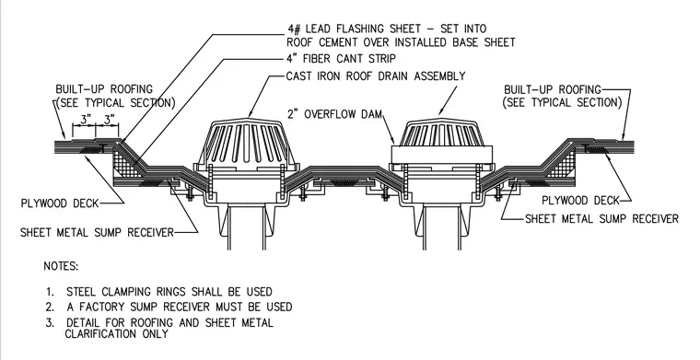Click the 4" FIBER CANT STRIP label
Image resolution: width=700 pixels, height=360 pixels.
coord(341,59)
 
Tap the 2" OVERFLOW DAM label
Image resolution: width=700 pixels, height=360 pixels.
coord(334,114)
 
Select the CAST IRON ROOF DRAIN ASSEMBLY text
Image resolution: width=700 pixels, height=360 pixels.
coord(376,75)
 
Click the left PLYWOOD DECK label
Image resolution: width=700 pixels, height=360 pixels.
coord(60,203)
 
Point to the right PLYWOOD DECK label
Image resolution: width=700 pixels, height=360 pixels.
coord(581,201)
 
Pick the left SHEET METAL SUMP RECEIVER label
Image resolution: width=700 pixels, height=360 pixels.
coord(97,232)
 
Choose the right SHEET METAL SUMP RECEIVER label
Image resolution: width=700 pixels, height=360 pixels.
coord(601,219)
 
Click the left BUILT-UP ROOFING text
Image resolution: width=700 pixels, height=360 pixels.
coord(104,89)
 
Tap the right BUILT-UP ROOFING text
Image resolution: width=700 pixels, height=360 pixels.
coord(553,89)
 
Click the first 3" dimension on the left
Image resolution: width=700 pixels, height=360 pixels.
coord(85,119)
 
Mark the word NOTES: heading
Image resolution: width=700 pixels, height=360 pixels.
coord(61,266)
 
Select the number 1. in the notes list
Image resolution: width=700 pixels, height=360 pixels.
coord(50,292)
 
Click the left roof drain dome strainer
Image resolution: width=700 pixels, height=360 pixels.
coord(246,142)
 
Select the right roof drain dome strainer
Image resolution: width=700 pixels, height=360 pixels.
coord(441,133)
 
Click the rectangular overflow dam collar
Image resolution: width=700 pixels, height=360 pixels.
coord(442,155)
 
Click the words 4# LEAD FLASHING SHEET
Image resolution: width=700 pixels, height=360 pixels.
coord(355,29)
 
